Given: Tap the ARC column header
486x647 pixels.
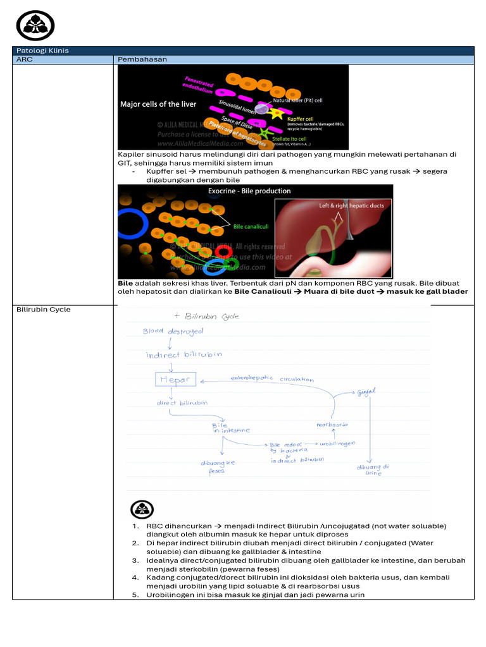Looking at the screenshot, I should coord(23,59).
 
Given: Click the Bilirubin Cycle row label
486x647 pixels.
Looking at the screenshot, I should coord(43,310).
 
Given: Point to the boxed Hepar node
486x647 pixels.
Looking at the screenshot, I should coord(175,380).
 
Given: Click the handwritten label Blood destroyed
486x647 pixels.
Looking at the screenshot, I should coord(173,330).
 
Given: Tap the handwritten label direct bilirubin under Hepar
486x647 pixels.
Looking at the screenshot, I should coord(181,402).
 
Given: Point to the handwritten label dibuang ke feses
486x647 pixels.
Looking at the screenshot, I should coord(218,467).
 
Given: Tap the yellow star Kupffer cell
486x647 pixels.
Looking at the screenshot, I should coord(276,114).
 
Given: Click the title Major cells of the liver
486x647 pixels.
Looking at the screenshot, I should coord(158,104).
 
